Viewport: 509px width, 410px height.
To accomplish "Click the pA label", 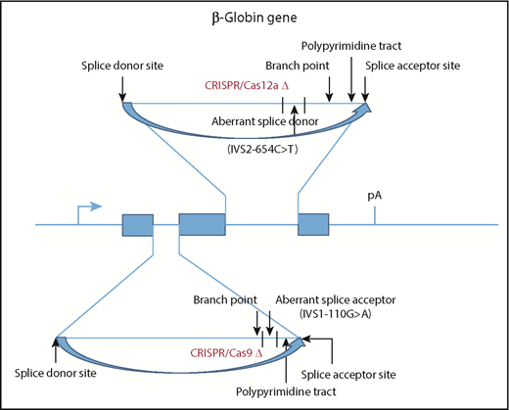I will [x=375, y=196].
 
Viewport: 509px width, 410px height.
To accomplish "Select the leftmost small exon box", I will [x=137, y=225].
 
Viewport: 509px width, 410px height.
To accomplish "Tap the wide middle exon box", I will [x=203, y=225].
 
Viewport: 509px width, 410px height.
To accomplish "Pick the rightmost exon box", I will [x=312, y=225].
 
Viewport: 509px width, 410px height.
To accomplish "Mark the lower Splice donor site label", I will [x=53, y=373].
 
